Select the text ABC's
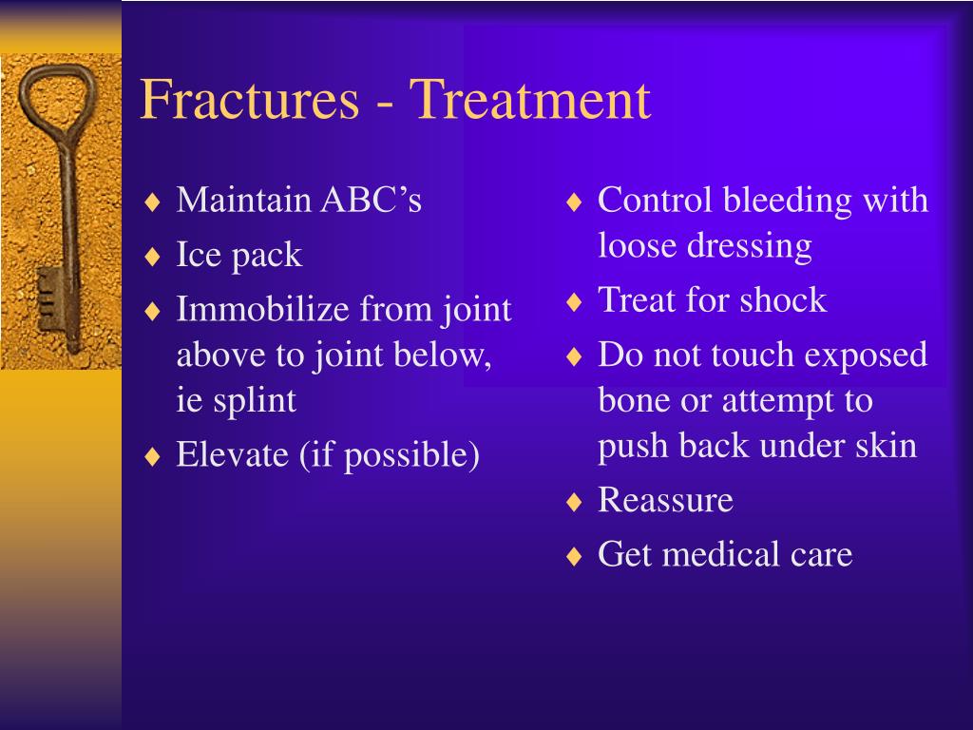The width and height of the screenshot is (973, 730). tap(372, 200)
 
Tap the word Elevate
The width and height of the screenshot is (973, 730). tap(232, 453)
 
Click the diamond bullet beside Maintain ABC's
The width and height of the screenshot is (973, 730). tap(152, 202)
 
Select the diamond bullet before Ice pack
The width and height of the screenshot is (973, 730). tap(152, 257)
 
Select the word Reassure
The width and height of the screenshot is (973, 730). tap(665, 500)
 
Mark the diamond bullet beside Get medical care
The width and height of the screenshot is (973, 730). tap(574, 555)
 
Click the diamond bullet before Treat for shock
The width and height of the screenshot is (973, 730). tap(574, 302)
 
